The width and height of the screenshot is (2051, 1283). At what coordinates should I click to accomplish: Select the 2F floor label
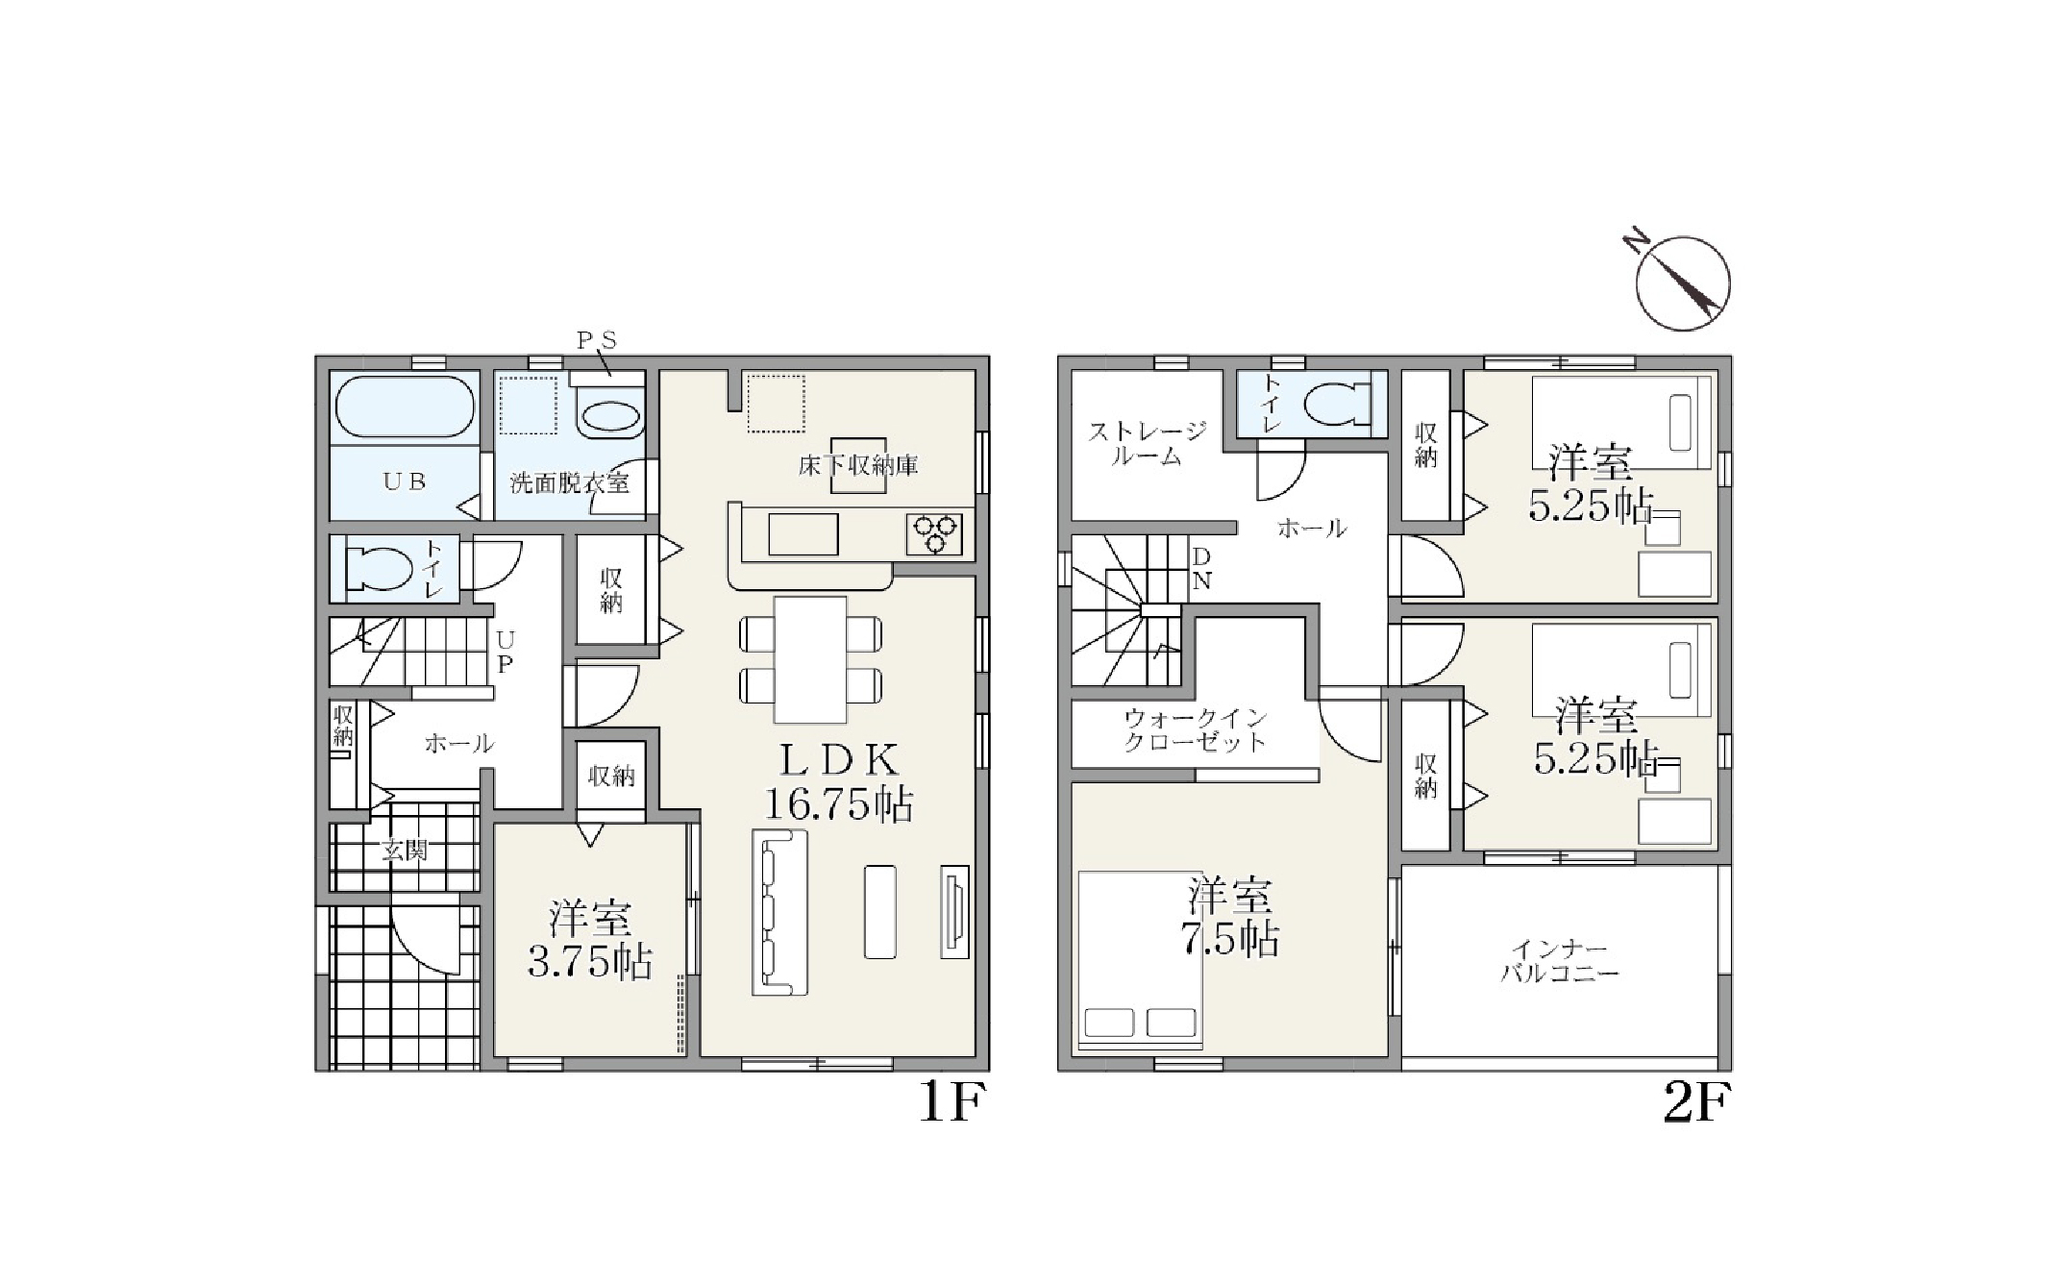(1696, 1103)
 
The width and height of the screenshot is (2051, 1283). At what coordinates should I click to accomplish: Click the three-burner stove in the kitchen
(935, 534)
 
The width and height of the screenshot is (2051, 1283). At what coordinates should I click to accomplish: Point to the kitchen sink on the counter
(803, 534)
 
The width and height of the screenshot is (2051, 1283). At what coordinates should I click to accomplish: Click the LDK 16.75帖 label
(838, 782)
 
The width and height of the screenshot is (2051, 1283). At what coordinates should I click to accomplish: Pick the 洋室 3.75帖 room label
(590, 939)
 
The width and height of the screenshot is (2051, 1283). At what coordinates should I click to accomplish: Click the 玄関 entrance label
(404, 850)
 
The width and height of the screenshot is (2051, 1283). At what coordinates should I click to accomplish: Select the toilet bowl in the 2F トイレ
(1336, 405)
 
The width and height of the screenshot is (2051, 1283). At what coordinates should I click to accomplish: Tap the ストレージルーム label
(1146, 444)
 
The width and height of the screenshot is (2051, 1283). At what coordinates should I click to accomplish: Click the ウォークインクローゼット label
(1196, 729)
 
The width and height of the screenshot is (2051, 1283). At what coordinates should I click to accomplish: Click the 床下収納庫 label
(858, 466)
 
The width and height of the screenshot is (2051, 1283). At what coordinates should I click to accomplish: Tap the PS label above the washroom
(596, 340)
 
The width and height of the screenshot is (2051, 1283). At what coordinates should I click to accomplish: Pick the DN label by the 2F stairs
(1201, 569)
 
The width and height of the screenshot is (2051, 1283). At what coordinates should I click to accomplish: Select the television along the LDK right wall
(954, 911)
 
